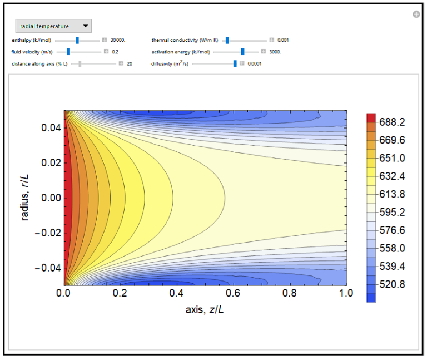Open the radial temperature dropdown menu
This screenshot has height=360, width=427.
click(x=53, y=26)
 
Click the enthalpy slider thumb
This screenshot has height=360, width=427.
click(x=77, y=40)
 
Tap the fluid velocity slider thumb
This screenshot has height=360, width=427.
click(x=68, y=52)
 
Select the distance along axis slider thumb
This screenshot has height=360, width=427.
click(x=80, y=63)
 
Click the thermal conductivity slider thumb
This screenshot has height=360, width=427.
click(x=227, y=40)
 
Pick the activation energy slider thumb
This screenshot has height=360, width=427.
click(x=242, y=52)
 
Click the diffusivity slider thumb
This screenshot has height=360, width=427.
click(x=235, y=63)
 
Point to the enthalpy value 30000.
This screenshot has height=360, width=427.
click(x=118, y=40)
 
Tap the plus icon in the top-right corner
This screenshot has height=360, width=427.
click(x=416, y=14)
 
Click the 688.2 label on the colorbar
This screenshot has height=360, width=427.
click(x=392, y=122)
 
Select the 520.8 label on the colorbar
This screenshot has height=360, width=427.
click(x=392, y=284)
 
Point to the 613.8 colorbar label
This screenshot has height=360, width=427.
click(x=392, y=194)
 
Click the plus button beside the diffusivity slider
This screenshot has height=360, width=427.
click(x=242, y=63)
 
